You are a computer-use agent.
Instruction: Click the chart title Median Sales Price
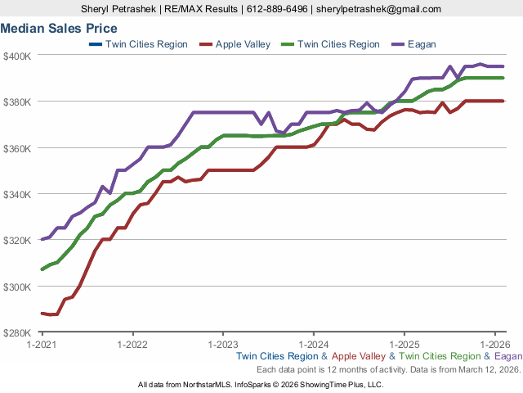tap(59, 28)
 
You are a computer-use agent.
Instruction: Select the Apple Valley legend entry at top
tap(242, 44)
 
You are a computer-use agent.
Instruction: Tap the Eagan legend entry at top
tap(422, 44)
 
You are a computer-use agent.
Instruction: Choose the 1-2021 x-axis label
tap(42, 345)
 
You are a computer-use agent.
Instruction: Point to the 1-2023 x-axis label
tap(223, 345)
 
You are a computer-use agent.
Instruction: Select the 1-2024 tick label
tap(315, 345)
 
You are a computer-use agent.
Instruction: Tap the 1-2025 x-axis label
tap(405, 345)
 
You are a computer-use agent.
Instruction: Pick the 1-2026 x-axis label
tap(496, 345)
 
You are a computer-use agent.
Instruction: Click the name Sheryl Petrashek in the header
tap(119, 9)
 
